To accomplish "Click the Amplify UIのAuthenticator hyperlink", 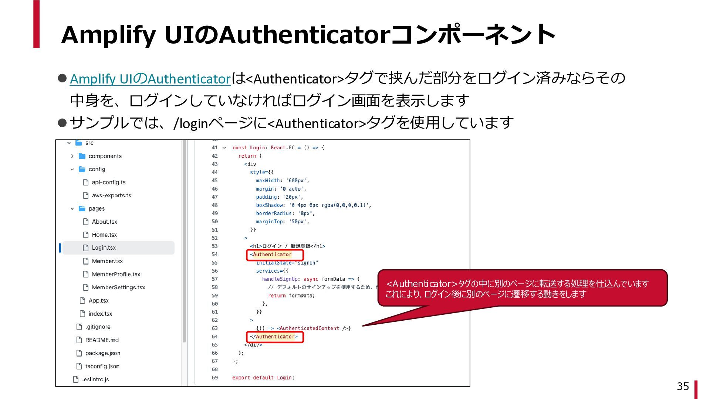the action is pos(150,79).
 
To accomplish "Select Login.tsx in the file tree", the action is pos(104,248).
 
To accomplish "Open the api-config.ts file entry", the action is pos(108,183).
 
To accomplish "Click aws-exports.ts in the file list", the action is pos(111,195).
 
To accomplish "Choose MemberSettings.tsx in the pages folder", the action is pos(118,287).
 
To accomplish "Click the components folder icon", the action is pos(82,156).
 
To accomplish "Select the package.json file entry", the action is pos(102,353).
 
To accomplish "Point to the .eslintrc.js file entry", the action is pos(95,379).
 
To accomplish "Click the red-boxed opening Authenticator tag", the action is pos(274,255).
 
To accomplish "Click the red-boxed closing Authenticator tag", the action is pos(274,337).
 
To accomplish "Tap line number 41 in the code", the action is pos(214,148).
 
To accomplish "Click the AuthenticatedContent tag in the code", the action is pos(309,328).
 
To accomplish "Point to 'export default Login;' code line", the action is pos(263,378).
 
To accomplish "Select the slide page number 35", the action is pos(683,386).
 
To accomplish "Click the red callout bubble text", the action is pos(517,289).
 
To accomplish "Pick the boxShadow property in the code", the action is pos(270,205).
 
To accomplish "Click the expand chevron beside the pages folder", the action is pos(72,209).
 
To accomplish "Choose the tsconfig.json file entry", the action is pos(102,366).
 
